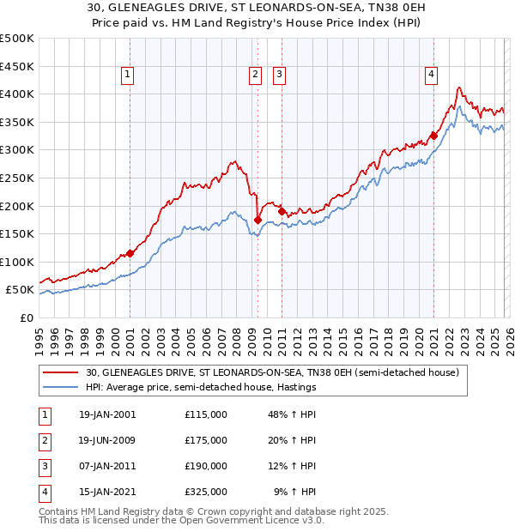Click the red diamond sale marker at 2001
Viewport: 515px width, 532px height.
coord(130,253)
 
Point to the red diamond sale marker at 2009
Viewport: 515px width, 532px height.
coord(257,220)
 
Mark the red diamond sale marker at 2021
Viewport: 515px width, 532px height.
coord(433,136)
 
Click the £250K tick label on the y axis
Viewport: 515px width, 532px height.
coord(17,178)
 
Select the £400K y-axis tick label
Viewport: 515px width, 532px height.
coord(17,94)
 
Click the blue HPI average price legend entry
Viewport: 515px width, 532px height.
coord(201,387)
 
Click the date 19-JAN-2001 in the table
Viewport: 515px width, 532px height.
coord(106,414)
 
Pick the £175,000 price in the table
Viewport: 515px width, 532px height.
coord(205,440)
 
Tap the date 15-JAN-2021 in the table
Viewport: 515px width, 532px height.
coord(106,492)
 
